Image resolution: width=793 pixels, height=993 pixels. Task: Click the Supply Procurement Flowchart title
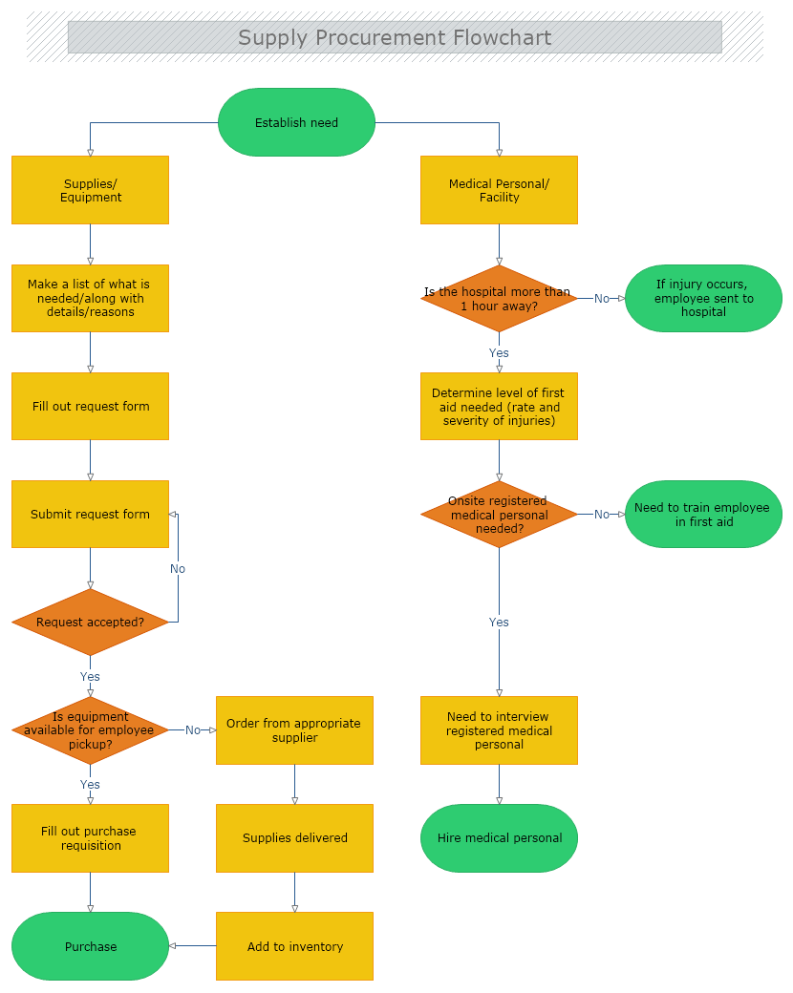coord(395,38)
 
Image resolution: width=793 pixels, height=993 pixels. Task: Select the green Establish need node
coord(296,122)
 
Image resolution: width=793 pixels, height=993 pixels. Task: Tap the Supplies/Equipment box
coord(91,190)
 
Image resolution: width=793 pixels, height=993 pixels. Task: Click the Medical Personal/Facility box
coord(499,190)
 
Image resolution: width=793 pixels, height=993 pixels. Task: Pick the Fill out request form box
coord(91,406)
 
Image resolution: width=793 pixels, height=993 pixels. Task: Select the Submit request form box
coord(91,514)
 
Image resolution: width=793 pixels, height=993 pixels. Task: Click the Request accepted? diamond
coord(91,622)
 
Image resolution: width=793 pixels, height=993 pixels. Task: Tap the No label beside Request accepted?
coord(178,568)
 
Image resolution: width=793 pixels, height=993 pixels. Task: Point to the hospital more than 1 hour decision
coord(499,299)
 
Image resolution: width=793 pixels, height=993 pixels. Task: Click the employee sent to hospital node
coord(703,298)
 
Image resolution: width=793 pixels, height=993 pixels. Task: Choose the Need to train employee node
coord(703,514)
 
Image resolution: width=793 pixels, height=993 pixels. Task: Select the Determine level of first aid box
coord(499,406)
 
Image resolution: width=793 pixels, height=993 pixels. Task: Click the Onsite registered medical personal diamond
coord(499,514)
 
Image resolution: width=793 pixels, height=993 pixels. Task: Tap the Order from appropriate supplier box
coord(294,729)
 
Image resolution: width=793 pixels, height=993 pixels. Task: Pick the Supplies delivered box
coord(294,837)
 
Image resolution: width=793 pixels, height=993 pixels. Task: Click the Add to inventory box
coord(294,945)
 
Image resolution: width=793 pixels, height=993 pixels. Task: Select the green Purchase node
coord(91,945)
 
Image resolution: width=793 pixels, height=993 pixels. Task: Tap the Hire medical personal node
coord(499,837)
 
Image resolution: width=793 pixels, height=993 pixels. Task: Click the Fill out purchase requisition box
coord(91,837)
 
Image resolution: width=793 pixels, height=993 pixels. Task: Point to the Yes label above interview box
coord(499,622)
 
